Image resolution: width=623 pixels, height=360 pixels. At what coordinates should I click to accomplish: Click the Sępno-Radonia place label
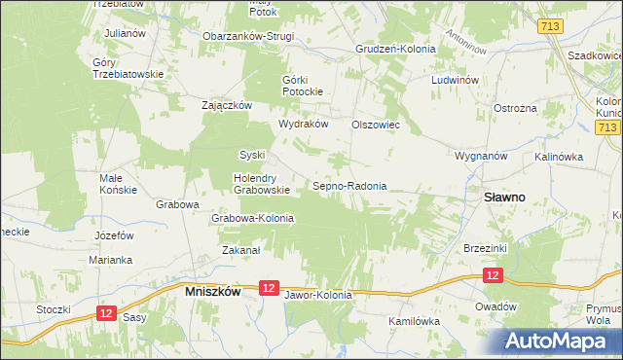point(349,186)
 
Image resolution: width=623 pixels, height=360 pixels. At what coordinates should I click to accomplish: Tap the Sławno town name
point(504,197)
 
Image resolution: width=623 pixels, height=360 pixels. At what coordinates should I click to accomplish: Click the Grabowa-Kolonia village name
point(253,219)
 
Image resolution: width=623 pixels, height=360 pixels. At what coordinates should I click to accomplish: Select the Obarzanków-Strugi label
point(247,37)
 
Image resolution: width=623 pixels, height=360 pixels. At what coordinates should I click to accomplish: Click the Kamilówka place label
point(414,320)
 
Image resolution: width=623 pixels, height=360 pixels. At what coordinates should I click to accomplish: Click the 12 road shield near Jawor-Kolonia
point(270,288)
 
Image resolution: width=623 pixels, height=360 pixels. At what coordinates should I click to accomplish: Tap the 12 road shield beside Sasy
point(106,311)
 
